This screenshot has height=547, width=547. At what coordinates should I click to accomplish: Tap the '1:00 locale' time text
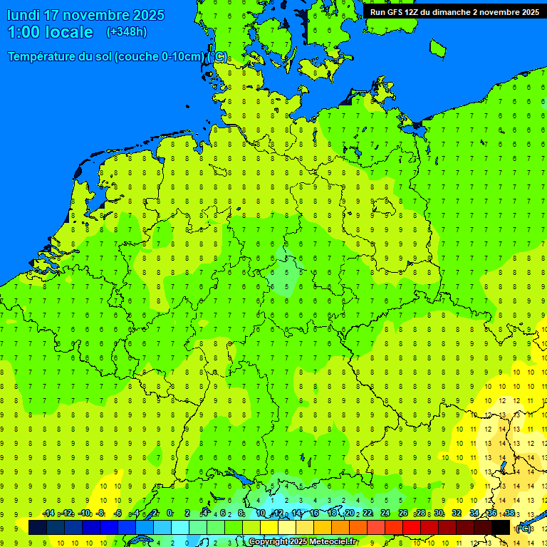50,32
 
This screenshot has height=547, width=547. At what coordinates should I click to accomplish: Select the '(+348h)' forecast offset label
126,32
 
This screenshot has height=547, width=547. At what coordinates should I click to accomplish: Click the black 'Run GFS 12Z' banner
454,11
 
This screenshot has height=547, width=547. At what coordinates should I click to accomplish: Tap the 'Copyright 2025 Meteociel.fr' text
303,542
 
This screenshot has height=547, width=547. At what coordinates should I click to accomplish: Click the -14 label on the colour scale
48,514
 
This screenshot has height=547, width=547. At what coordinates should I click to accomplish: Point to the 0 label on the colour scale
170,514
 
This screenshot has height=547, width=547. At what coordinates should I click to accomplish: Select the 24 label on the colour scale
385,514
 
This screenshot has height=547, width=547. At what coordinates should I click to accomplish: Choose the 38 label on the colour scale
509,514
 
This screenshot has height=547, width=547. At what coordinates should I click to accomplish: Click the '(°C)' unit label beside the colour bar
523,528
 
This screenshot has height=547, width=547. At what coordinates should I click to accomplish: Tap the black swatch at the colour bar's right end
501,527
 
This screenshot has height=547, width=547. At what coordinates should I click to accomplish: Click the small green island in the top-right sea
437,48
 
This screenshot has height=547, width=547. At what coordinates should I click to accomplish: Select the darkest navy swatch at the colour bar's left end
38,527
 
